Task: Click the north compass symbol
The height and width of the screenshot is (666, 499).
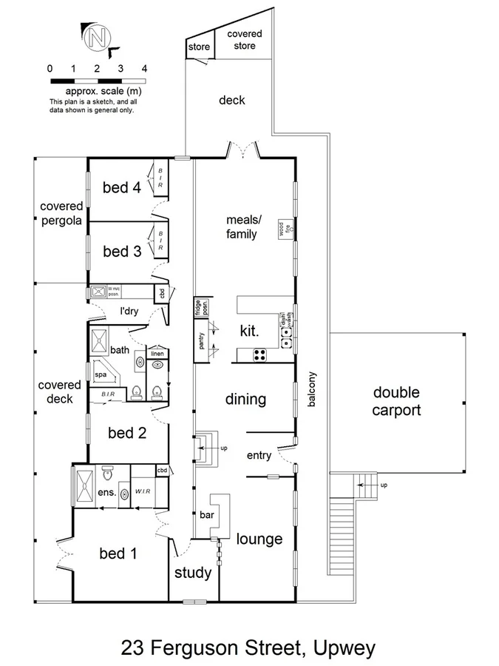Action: [96, 38]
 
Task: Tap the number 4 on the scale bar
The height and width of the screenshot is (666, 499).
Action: [144, 68]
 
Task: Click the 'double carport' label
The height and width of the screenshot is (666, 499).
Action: [396, 401]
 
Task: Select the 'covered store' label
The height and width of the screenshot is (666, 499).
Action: [245, 40]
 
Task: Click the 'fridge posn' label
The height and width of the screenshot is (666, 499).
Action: [199, 307]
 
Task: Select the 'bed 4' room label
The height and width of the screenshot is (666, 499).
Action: [121, 187]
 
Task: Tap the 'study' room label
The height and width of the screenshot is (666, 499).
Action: [193, 573]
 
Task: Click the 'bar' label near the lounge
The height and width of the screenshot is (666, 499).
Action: [206, 514]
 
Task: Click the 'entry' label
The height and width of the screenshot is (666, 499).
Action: [259, 455]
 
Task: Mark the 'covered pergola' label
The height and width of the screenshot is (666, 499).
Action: [61, 213]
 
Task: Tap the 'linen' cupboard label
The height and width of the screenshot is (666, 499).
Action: [157, 354]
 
